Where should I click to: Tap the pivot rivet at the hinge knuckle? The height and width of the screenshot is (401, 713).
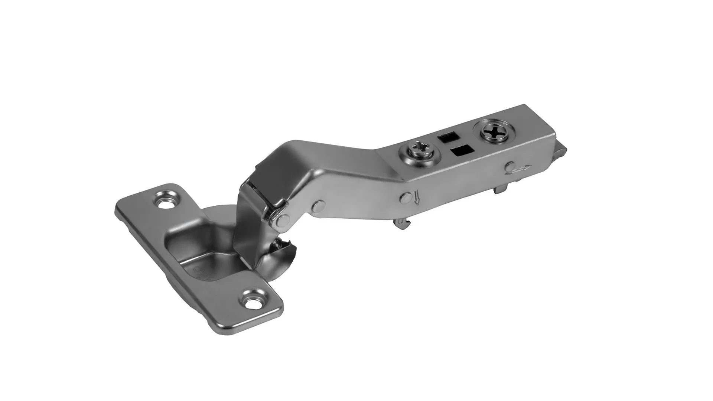point(284,219)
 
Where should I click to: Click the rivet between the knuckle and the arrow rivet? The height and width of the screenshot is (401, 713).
point(318,206)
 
